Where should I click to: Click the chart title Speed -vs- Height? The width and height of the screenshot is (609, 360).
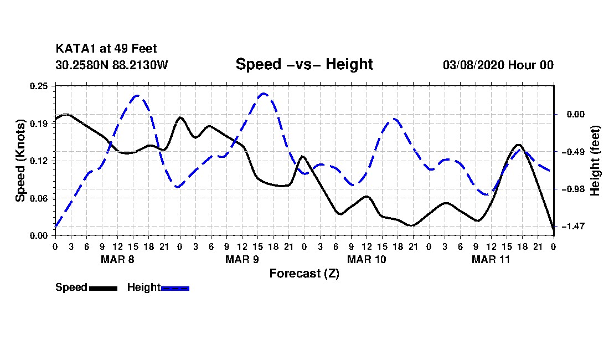(304, 64)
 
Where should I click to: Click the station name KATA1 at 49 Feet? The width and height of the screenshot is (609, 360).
(106, 49)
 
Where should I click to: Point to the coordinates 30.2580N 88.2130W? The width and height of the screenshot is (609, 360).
(111, 65)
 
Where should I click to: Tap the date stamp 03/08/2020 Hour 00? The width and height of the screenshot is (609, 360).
(498, 65)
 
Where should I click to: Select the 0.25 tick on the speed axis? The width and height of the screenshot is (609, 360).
(39, 86)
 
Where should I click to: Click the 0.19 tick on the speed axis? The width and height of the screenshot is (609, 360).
(39, 124)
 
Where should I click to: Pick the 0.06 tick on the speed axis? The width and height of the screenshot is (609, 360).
(39, 198)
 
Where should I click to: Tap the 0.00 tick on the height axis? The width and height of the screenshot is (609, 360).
(576, 114)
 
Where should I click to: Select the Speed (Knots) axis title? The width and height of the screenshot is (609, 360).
(20, 161)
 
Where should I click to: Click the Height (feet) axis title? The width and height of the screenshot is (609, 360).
(595, 161)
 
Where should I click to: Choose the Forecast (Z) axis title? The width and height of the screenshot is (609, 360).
(304, 274)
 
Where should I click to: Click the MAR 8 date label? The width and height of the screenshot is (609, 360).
(117, 259)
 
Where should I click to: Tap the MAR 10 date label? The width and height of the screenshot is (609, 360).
(367, 259)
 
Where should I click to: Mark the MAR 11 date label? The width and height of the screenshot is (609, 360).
(491, 259)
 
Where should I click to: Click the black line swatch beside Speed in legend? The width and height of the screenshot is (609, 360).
(103, 288)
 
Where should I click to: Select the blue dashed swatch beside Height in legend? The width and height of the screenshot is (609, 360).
(175, 288)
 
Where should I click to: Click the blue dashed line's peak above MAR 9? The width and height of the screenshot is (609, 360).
(264, 93)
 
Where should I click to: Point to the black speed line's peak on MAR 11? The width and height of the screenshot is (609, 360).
(518, 145)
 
